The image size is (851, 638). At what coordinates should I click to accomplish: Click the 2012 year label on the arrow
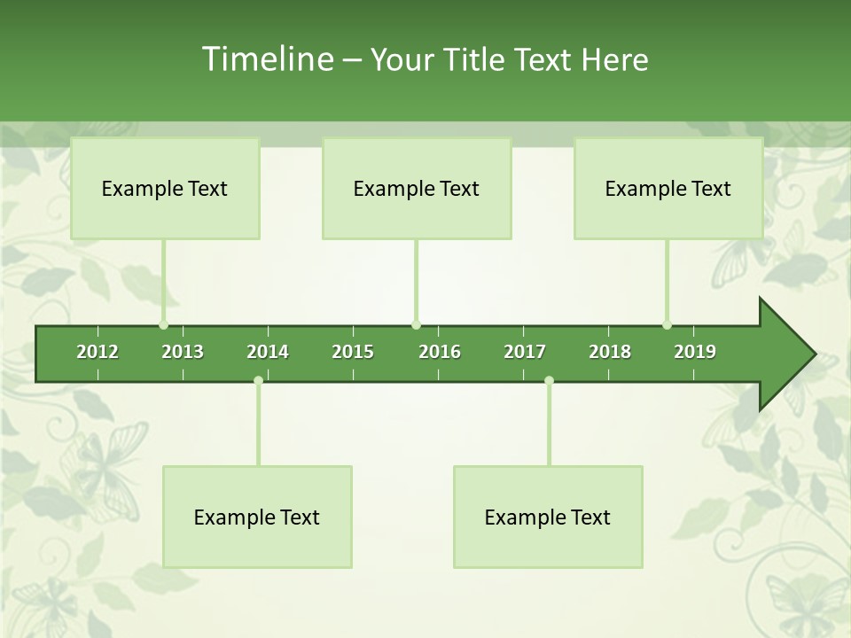coord(98,352)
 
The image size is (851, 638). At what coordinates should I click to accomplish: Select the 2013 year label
coord(183,352)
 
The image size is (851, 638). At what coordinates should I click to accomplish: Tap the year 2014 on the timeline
coord(268,352)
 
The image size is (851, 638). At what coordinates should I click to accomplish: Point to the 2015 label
coord(353,352)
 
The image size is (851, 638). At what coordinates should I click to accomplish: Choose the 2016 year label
coord(440,352)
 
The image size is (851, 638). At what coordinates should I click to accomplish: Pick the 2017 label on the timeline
coord(525,352)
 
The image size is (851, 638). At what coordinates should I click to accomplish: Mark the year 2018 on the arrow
coord(610,352)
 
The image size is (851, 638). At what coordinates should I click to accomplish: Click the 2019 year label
coord(695,352)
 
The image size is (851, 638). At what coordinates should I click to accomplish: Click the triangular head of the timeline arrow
coord(785,354)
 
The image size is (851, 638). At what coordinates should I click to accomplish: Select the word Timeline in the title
coord(266,59)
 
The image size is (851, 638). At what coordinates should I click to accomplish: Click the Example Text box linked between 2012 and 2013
coord(165,188)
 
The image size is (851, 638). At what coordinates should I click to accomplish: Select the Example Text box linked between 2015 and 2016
coord(417,188)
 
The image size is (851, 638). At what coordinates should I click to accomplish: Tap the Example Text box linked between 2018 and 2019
coord(668,188)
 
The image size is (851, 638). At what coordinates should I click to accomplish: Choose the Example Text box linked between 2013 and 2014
coord(257,517)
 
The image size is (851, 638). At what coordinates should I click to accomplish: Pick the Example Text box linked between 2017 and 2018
coord(548,517)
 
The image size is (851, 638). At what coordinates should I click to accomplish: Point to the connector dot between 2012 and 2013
coord(163,325)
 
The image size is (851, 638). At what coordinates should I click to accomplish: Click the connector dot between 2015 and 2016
coord(416,325)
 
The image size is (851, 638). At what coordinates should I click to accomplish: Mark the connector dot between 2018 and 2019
coord(667,325)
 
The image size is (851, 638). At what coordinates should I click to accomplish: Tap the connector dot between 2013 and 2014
coord(258,381)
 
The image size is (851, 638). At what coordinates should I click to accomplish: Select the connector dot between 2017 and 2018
coord(549,381)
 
